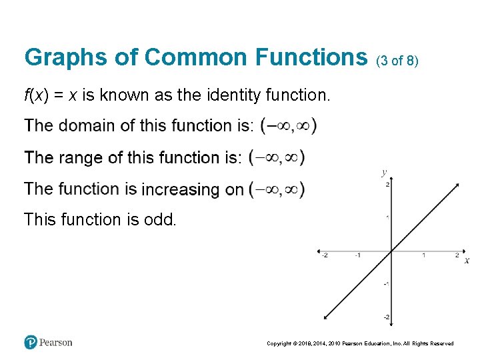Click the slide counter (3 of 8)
pyautogui.click(x=397, y=61)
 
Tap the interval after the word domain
pyautogui.click(x=288, y=125)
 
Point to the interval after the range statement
pyautogui.click(x=276, y=157)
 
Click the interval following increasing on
pyautogui.click(x=276, y=189)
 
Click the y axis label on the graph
pyautogui.click(x=384, y=172)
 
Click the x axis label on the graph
pyautogui.click(x=467, y=260)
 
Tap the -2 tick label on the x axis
pyautogui.click(x=324, y=255)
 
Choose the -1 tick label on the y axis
pyautogui.click(x=386, y=284)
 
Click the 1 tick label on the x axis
pyautogui.click(x=424, y=255)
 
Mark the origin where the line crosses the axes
pyautogui.click(x=391, y=251)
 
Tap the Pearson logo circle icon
pyautogui.click(x=31, y=343)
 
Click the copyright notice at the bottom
pyautogui.click(x=360, y=343)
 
